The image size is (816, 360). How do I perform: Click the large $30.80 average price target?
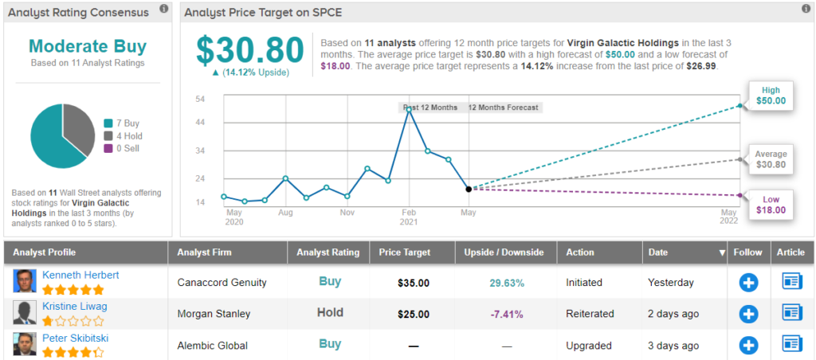pyautogui.click(x=250, y=50)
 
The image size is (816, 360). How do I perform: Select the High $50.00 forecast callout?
pyautogui.click(x=771, y=96)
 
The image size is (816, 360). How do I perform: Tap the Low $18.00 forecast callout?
pyautogui.click(x=771, y=205)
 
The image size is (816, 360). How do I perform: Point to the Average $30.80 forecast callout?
pyautogui.click(x=771, y=159)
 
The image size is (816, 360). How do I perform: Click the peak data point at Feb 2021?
pyautogui.click(x=409, y=109)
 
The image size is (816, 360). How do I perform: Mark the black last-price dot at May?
pyautogui.click(x=469, y=189)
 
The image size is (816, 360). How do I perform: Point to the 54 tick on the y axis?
pyautogui.click(x=202, y=99)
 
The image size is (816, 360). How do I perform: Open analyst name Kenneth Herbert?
pyautogui.click(x=80, y=275)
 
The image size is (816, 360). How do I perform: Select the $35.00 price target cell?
pyautogui.click(x=414, y=282)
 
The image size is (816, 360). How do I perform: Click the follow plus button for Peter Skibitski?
pyautogui.click(x=747, y=345)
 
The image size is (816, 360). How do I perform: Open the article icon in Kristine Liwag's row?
pyautogui.click(x=791, y=313)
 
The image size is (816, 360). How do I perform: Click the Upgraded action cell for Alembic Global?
pyautogui.click(x=589, y=346)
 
